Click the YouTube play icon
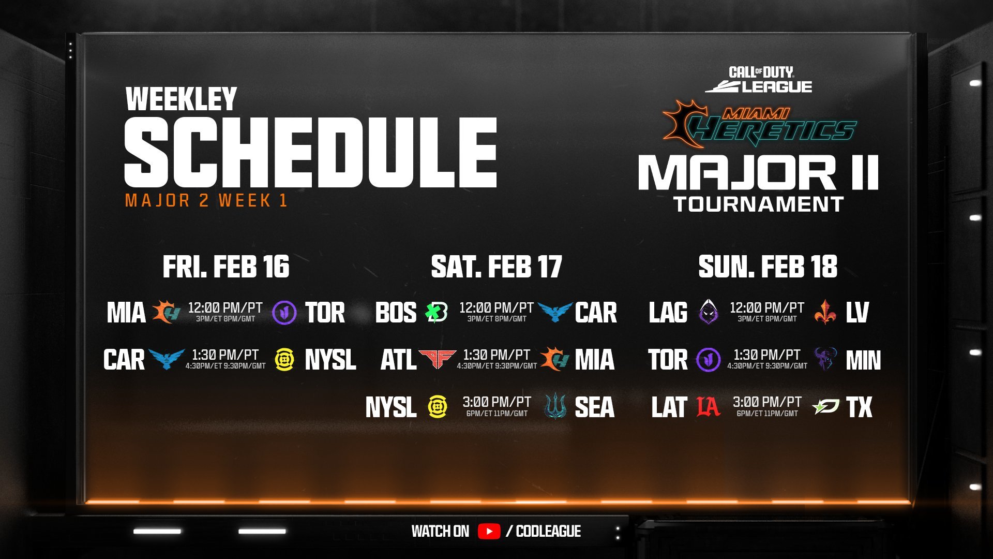(x=489, y=531)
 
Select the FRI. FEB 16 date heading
(x=226, y=267)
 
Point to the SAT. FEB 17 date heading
(x=496, y=267)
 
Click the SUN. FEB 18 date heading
(x=768, y=267)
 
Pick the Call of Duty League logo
(x=759, y=80)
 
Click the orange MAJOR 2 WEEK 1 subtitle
(x=206, y=201)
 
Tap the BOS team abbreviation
(x=396, y=313)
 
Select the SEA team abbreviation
(x=594, y=407)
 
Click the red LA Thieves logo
(x=708, y=407)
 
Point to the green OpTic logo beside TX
(x=826, y=407)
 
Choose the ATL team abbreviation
(x=398, y=360)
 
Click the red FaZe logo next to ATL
(x=437, y=359)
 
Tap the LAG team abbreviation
(x=668, y=313)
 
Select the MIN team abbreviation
(x=863, y=360)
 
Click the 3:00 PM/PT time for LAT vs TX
(x=767, y=402)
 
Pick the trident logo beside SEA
(x=555, y=407)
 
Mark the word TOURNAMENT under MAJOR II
(x=758, y=204)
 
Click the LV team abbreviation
(x=857, y=313)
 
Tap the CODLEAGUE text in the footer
(x=548, y=531)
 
